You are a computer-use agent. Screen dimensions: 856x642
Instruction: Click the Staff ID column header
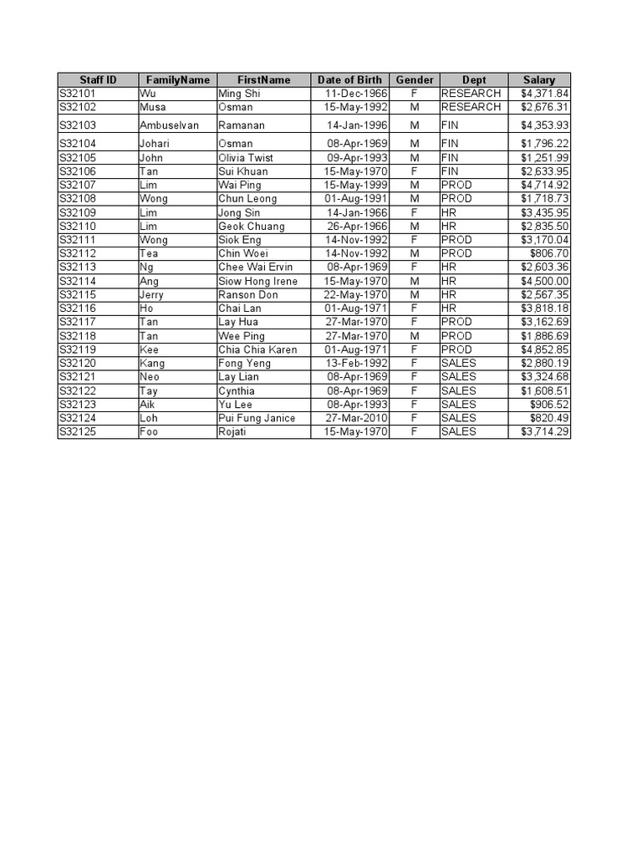(x=98, y=79)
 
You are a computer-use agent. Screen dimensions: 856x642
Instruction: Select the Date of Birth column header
(x=349, y=79)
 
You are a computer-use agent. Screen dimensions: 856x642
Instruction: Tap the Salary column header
(x=538, y=79)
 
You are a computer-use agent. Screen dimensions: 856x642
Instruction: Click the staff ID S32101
(x=78, y=94)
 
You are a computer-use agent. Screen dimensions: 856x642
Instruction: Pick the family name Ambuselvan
(x=170, y=125)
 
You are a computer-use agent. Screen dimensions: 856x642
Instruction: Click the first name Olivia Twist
(x=246, y=158)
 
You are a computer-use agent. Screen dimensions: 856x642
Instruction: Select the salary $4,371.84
(x=544, y=94)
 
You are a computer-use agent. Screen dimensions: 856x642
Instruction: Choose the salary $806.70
(x=549, y=253)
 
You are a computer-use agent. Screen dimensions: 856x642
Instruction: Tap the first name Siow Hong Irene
(x=257, y=281)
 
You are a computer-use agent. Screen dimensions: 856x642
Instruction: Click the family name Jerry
(x=151, y=295)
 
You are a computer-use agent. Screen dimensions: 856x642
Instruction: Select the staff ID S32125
(x=78, y=431)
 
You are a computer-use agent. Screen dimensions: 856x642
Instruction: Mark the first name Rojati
(x=234, y=431)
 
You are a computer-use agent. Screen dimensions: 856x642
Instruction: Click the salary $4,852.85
(x=544, y=349)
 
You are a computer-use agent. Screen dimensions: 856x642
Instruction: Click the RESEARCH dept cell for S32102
(x=471, y=107)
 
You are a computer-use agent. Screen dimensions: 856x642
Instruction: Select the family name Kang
(x=152, y=363)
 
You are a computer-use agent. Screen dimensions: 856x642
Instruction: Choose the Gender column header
(x=415, y=79)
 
